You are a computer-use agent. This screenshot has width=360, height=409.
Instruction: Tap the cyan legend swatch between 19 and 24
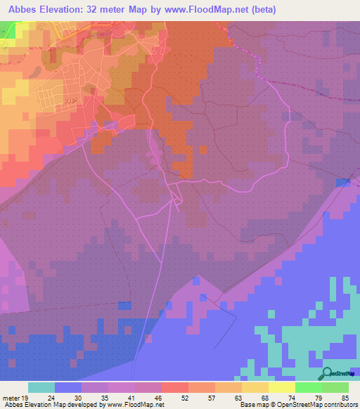[41, 387]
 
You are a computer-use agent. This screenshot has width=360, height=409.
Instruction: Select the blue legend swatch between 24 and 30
[68, 387]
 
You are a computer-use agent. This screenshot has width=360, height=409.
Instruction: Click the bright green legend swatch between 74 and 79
[309, 387]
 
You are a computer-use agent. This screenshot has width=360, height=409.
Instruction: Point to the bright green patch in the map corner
[6, 28]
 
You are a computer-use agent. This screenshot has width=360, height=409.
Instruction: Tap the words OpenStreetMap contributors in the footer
[324, 405]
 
